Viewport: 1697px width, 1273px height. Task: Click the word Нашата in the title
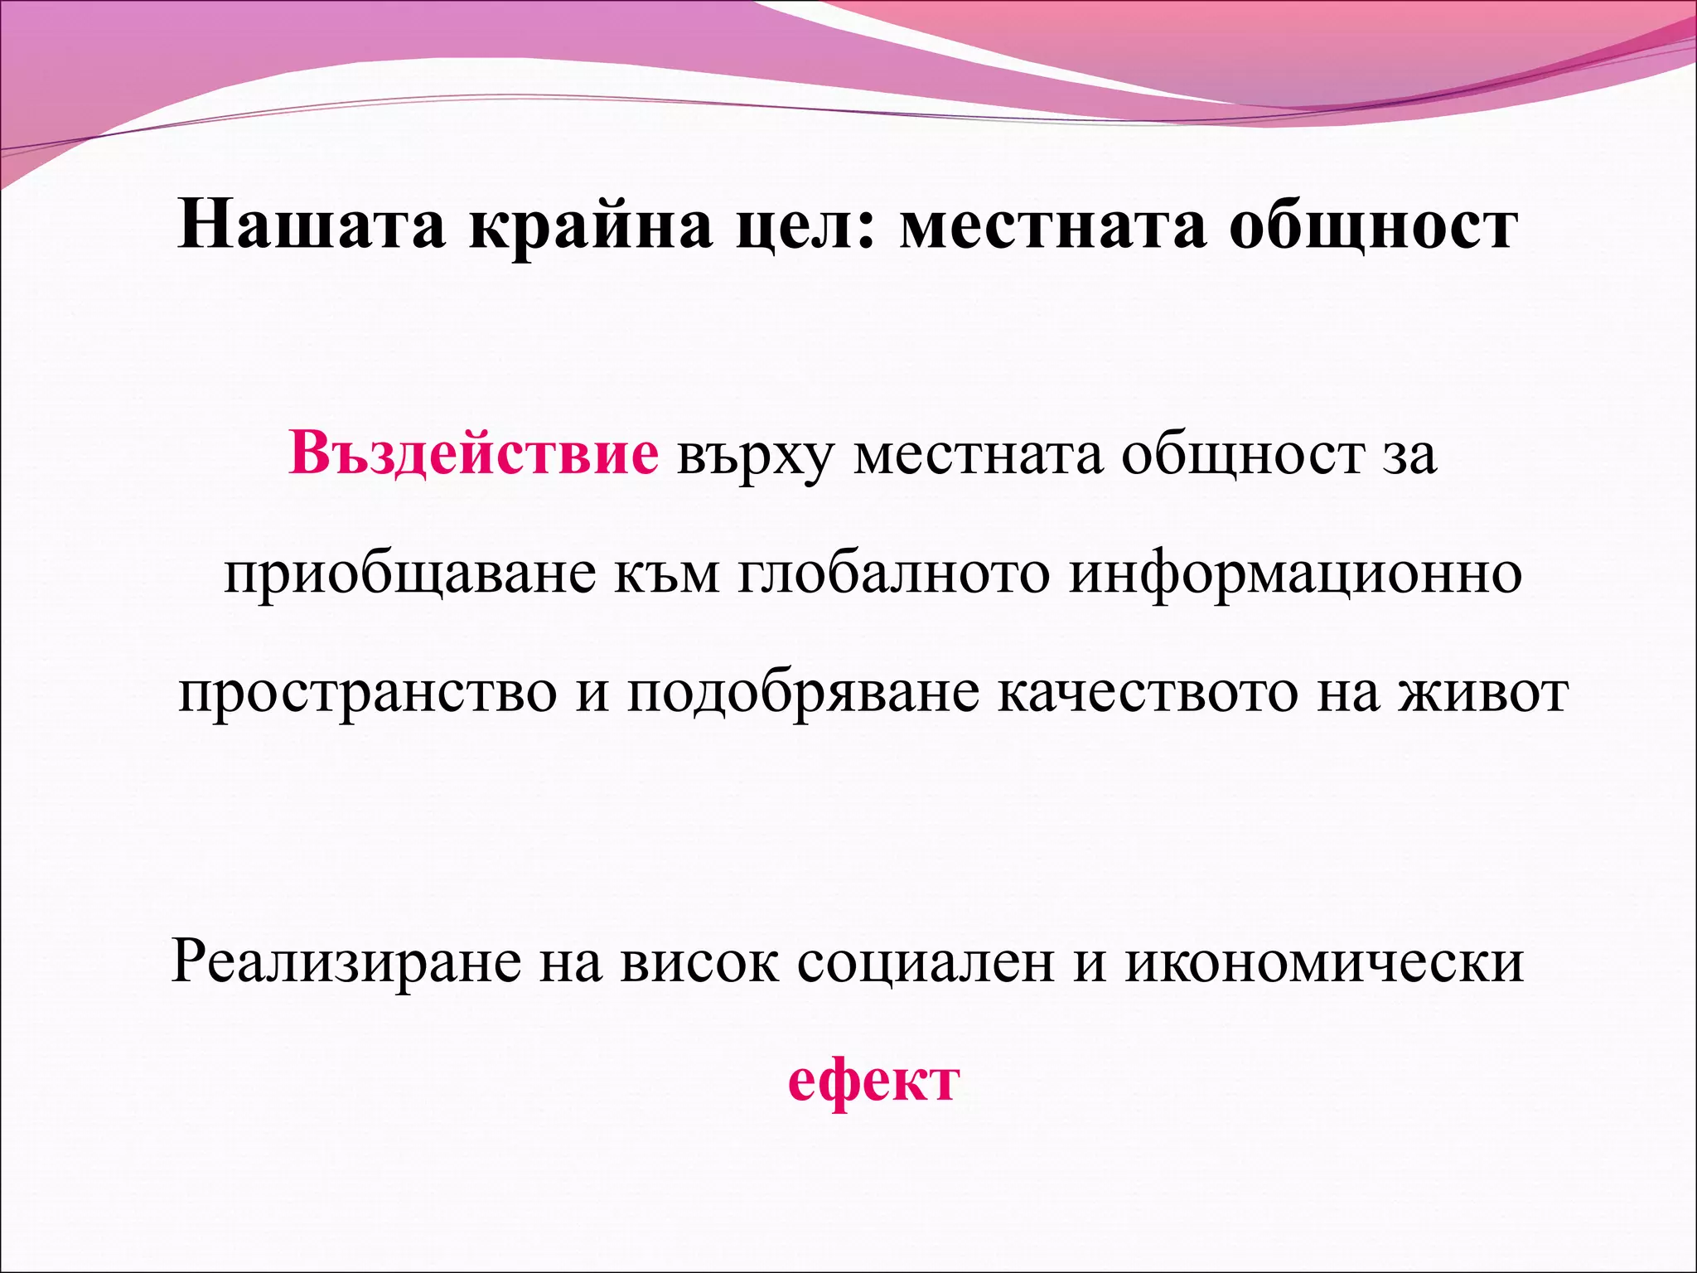click(x=312, y=226)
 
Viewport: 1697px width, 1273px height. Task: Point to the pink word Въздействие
click(x=474, y=454)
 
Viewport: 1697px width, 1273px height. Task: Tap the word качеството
click(x=1148, y=693)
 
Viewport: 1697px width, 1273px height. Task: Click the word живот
click(x=1483, y=693)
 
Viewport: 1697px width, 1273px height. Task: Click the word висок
click(x=700, y=962)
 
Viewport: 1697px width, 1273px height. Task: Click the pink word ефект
click(x=873, y=1082)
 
